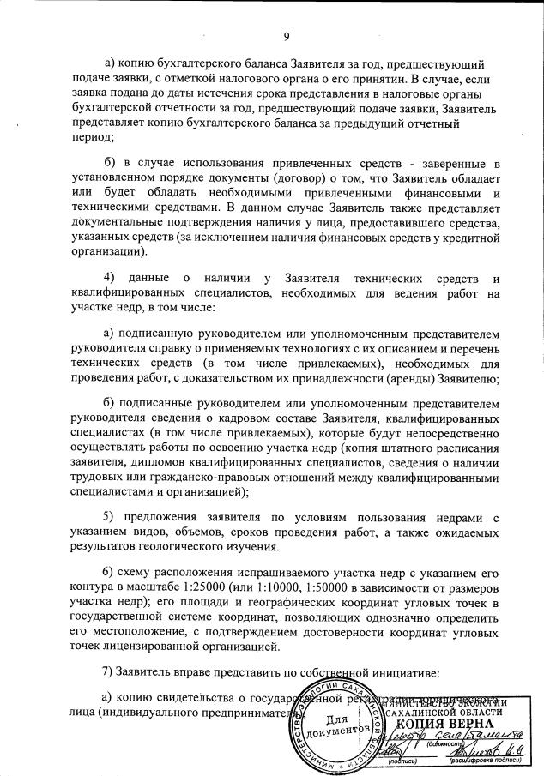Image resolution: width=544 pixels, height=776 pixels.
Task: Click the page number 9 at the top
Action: [287, 35]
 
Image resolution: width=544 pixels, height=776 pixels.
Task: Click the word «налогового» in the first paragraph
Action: [248, 81]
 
